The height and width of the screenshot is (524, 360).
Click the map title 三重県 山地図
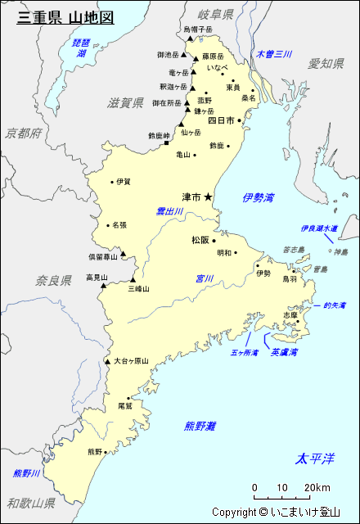click(65, 16)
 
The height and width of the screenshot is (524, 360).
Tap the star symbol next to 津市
click(208, 196)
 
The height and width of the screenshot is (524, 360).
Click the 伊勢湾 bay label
click(259, 197)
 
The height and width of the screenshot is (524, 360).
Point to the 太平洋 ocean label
click(315, 458)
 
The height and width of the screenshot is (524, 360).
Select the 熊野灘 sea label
click(200, 426)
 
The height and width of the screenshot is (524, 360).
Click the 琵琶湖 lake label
click(81, 47)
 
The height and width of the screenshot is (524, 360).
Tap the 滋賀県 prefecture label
click(126, 102)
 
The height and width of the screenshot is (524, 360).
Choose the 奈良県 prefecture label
click(54, 280)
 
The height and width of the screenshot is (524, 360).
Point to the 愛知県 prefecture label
click(326, 63)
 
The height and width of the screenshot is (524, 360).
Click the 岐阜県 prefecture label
click(216, 15)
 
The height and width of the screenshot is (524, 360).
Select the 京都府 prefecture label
click(23, 133)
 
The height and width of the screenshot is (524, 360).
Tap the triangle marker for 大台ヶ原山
click(107, 361)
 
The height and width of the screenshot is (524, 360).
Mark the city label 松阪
click(201, 240)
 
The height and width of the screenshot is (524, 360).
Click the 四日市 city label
click(221, 120)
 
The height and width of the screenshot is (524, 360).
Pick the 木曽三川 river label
click(273, 54)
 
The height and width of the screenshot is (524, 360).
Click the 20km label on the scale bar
click(317, 489)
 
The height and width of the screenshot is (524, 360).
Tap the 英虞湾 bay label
click(284, 352)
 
